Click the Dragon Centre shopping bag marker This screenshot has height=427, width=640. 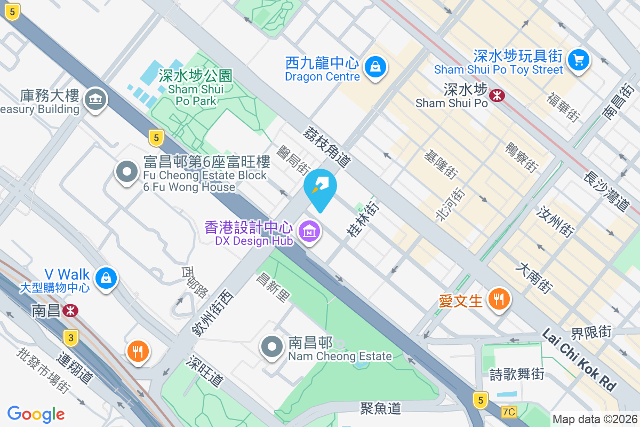(x=376, y=67)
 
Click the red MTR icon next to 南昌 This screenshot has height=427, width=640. (x=70, y=311)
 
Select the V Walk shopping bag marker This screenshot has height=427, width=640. (x=106, y=278)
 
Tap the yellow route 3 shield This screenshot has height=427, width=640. (x=70, y=337)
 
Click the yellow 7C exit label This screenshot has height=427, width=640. (x=509, y=412)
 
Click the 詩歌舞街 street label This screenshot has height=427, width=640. (x=517, y=374)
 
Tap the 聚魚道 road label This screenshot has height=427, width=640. (x=380, y=409)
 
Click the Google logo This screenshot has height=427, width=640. (x=36, y=414)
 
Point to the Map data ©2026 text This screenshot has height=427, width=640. (x=594, y=420)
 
